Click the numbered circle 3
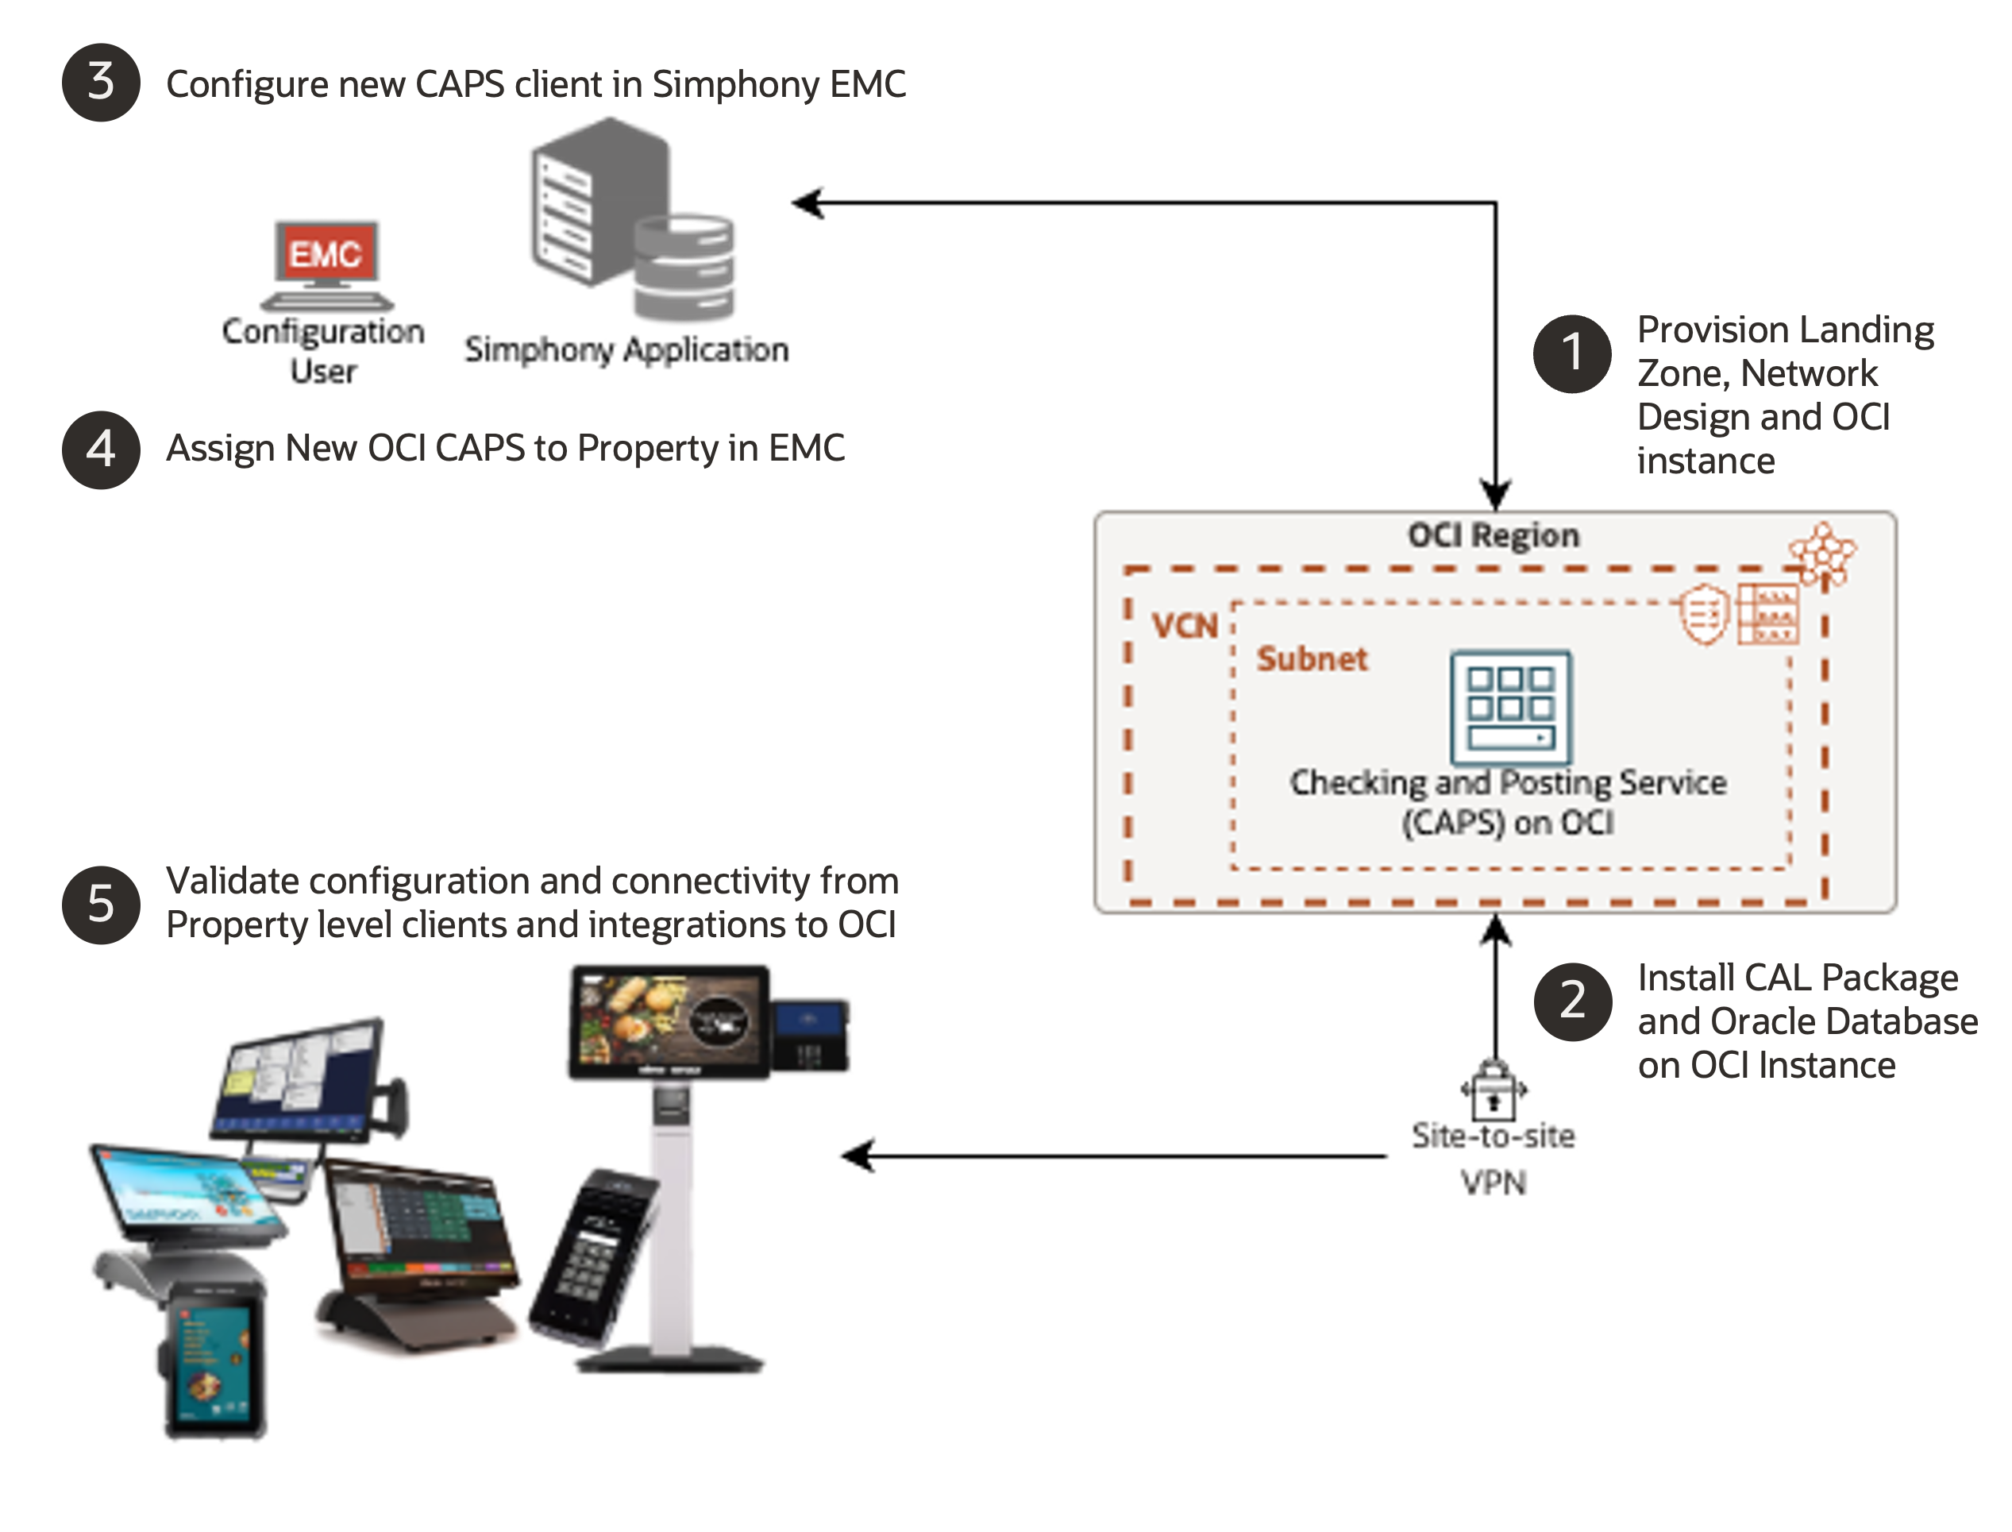coord(100,82)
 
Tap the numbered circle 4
coord(100,449)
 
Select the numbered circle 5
coord(100,904)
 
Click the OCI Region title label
coord(1494,535)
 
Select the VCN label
coord(1184,627)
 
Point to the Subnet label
coord(1312,658)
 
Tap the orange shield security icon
coord(1703,613)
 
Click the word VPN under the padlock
coord(1494,1183)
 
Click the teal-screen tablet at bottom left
coord(216,1359)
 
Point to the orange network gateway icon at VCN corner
coord(1821,552)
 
